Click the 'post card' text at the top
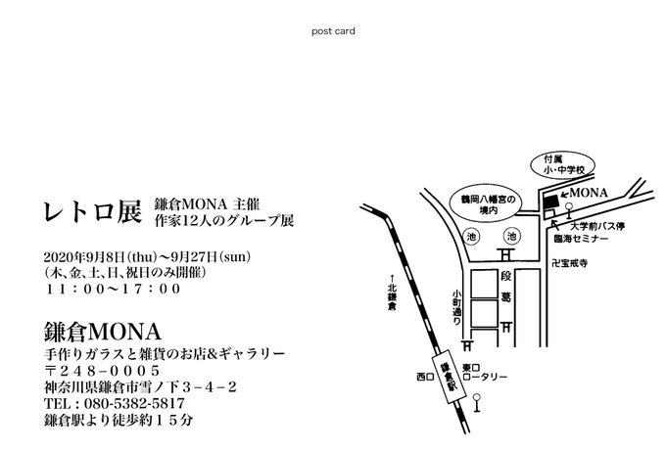[x=332, y=30]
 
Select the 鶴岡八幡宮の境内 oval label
[x=487, y=203]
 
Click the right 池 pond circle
[x=510, y=237]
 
